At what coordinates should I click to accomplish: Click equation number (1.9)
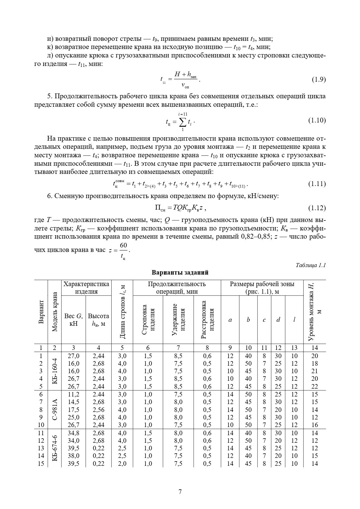tap(319, 80)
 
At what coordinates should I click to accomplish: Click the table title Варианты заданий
tap(180, 272)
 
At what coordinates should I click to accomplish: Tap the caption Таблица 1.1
tap(310, 265)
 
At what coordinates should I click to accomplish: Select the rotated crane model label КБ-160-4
tap(55, 371)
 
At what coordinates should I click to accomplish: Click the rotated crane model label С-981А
tap(55, 409)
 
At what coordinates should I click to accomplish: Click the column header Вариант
tap(41, 312)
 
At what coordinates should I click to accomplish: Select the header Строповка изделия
tap(148, 320)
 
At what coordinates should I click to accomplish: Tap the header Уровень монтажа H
tap(314, 312)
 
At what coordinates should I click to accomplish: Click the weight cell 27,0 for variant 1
tap(74, 356)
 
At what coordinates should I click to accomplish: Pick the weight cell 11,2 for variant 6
tap(74, 394)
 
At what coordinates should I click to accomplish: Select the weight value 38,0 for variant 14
tap(74, 456)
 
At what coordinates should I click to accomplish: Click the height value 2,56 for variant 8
tap(98, 410)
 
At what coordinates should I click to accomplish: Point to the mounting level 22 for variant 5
tap(315, 387)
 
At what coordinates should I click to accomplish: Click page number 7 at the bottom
tap(180, 491)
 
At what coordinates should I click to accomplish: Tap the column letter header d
tap(278, 320)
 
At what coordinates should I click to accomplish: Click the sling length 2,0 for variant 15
tap(122, 464)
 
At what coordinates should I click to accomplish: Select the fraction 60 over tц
tap(123, 251)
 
